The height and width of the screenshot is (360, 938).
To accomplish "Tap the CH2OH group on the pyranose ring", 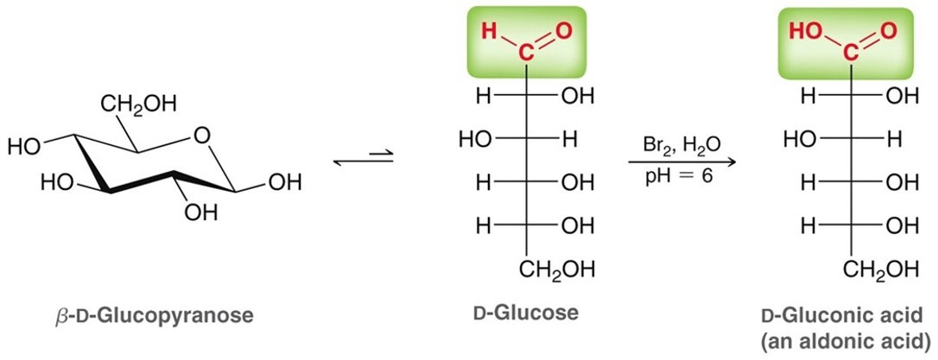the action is tap(138, 104).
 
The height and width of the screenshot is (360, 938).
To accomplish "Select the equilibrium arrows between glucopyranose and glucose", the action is tap(363, 159).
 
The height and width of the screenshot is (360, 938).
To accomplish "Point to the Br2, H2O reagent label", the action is tap(681, 145).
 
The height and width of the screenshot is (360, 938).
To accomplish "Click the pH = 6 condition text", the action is tap(679, 178).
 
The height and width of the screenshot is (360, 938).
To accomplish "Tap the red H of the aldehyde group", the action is tap(489, 30).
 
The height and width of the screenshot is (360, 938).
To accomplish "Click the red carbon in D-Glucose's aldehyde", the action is tap(525, 54).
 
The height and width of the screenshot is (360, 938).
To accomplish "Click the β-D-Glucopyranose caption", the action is tap(153, 315).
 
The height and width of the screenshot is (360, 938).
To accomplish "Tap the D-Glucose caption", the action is tap(526, 313).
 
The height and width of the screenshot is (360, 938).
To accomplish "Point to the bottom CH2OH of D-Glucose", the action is tap(556, 270).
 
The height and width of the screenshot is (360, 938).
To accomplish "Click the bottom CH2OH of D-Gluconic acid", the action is tap(880, 270).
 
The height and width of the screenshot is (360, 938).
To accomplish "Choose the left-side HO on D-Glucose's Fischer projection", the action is tap(474, 140).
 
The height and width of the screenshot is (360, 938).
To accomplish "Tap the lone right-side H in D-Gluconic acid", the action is tap(894, 140).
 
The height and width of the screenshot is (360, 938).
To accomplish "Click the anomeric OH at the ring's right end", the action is tap(285, 182).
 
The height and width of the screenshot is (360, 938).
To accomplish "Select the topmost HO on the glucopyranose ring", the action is tap(23, 147).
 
